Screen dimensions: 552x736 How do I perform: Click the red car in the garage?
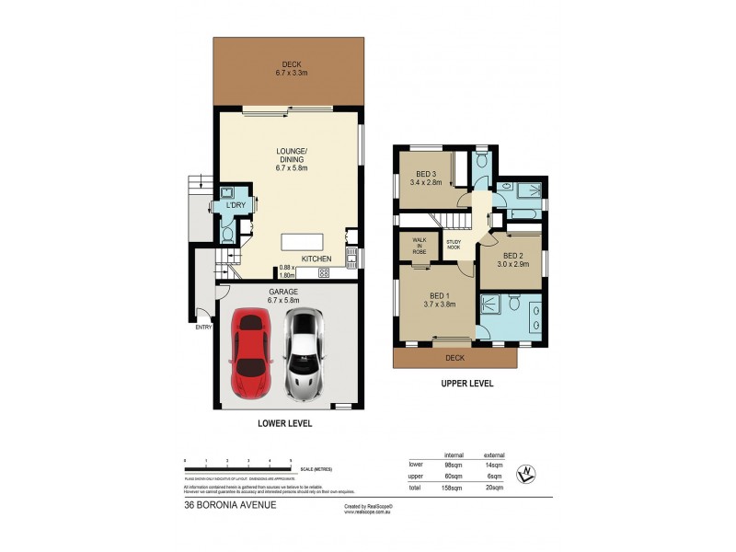(x=249, y=354)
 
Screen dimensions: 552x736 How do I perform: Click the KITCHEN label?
(x=316, y=259)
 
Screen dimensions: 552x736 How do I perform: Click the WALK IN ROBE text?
(x=419, y=246)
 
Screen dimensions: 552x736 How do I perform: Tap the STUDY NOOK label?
(x=454, y=246)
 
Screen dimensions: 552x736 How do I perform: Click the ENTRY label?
(x=202, y=326)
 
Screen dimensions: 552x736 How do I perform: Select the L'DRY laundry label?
(x=236, y=205)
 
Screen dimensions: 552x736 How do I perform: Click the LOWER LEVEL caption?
(x=285, y=424)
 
